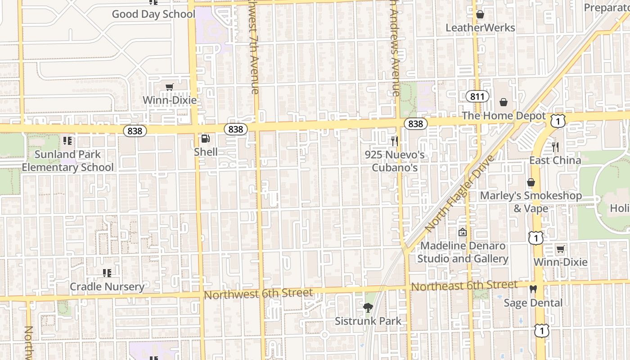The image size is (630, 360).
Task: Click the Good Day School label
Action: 153,14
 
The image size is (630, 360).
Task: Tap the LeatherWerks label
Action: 480,28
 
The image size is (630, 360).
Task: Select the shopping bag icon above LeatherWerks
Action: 480,15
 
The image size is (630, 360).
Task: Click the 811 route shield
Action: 477,96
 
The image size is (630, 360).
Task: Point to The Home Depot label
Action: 504,116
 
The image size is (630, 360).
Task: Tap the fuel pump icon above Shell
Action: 206,139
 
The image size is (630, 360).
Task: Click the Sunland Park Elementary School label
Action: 68,161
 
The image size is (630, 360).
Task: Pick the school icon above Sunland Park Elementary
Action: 68,141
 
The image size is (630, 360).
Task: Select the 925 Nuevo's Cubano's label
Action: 395,161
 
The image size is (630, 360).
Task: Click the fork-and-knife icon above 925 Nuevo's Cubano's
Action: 395,141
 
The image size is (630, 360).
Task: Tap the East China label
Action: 555,160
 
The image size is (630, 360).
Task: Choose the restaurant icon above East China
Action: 555,147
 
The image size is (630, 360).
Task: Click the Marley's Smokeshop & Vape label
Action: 531,202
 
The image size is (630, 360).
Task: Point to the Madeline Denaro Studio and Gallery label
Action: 463,252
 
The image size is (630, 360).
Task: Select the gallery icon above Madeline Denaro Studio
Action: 462,233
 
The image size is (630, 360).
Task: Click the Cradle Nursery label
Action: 107,287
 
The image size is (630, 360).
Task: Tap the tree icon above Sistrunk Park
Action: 368,308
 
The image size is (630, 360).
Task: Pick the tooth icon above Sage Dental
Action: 533,289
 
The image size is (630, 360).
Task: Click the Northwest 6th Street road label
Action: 258,294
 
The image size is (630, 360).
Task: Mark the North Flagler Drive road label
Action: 459,194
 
